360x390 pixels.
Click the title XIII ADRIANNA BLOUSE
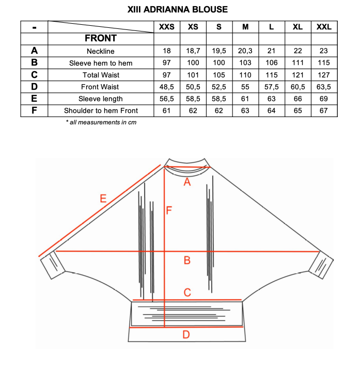pos(177,9)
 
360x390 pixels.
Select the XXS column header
pos(167,27)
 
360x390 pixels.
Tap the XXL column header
pos(324,27)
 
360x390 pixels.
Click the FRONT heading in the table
pos(101,39)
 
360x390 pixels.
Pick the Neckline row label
pos(101,51)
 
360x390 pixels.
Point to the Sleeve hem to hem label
pos(101,63)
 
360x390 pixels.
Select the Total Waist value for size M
pos(245,75)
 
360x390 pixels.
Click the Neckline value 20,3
pos(245,51)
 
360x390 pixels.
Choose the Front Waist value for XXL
pos(324,87)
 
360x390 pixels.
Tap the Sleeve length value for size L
pos(272,99)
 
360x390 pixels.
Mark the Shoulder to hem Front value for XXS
pos(167,110)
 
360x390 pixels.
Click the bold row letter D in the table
pos(34,87)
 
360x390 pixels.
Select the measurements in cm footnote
pos(101,122)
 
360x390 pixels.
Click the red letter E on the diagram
pos(103,199)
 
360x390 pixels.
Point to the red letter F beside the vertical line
pos(169,210)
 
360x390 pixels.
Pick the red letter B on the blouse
pos(187,261)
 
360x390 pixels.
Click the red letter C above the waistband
pos(187,293)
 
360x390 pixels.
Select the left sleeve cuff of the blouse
pos(53,266)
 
